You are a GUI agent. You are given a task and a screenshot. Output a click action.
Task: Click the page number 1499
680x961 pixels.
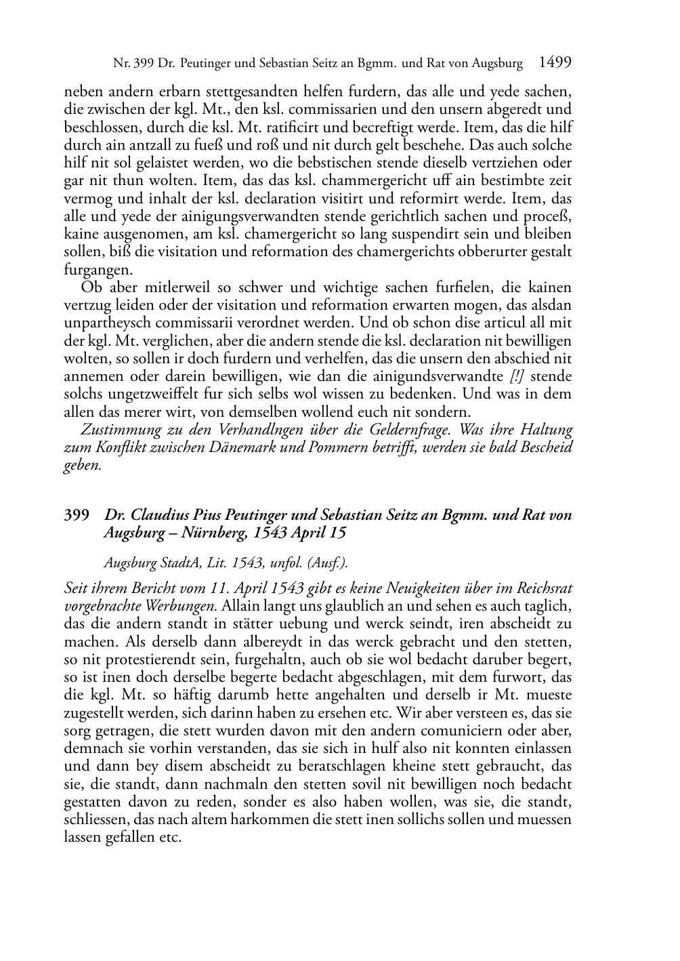(x=555, y=62)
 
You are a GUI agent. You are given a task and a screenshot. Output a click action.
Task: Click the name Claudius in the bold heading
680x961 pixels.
(x=156, y=515)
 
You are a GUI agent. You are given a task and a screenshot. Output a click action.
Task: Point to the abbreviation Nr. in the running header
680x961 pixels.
(x=122, y=64)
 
